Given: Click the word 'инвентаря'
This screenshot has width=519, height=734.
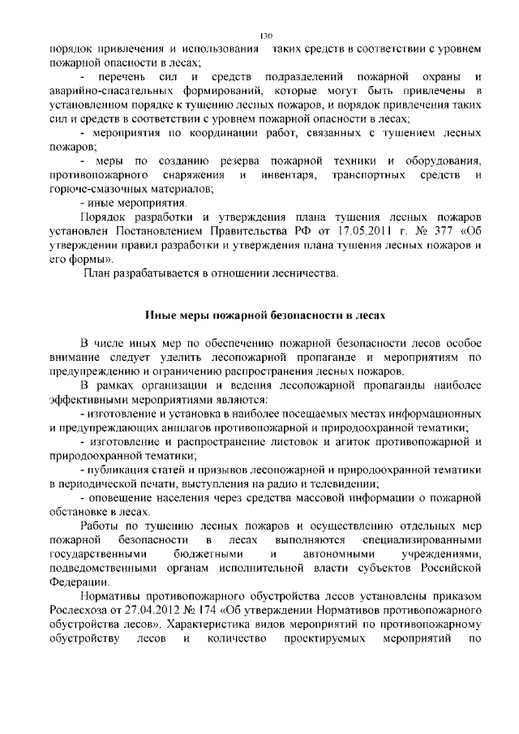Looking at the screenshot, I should pos(290,175).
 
